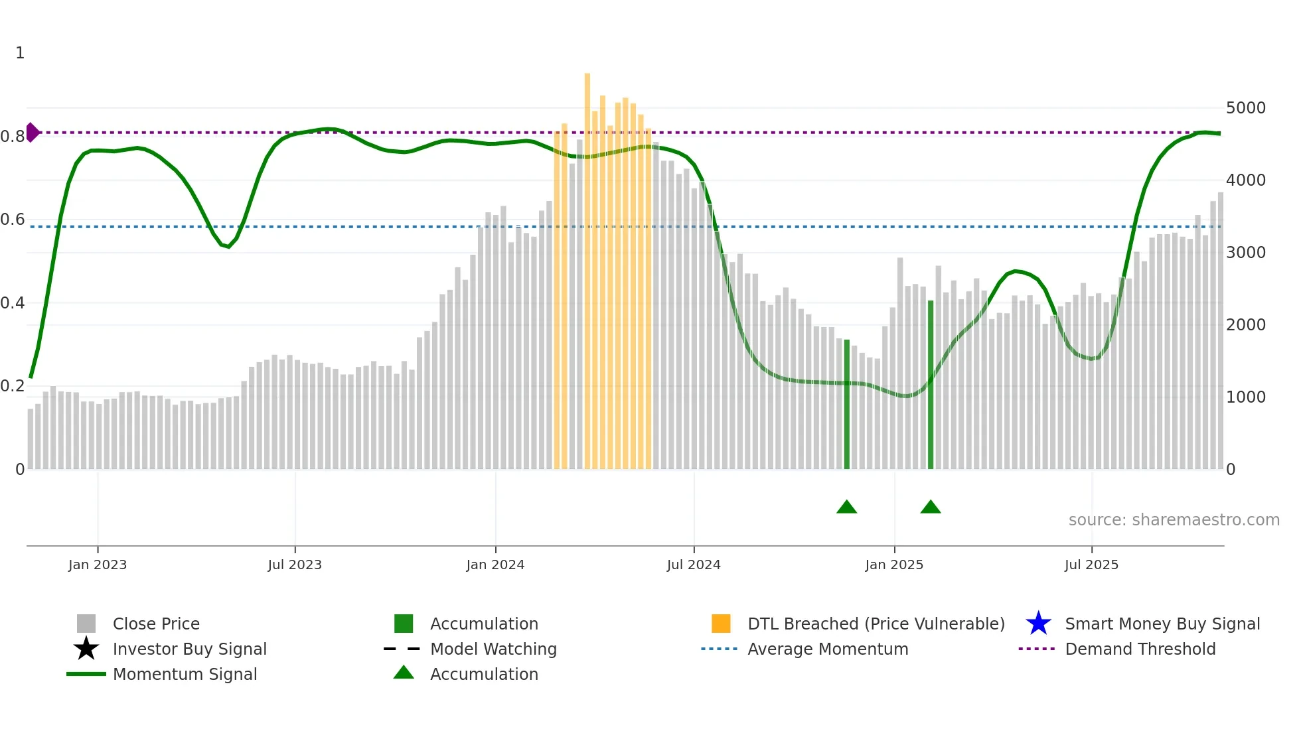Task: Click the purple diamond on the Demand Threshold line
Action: pos(32,133)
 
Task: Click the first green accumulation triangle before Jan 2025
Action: pos(846,507)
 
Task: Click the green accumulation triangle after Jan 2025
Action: pos(931,507)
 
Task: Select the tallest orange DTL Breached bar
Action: pos(587,265)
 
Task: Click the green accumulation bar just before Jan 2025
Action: pos(847,405)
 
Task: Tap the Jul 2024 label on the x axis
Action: pos(694,565)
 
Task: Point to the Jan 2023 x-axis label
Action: pos(98,565)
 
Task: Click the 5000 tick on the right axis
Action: pos(1245,108)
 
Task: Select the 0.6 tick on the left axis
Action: pos(13,220)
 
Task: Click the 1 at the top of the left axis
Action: pos(20,53)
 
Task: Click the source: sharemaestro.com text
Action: pos(1174,520)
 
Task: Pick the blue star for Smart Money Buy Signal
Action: pos(1038,624)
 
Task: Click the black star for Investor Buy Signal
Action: pos(86,649)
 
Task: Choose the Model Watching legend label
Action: pos(493,649)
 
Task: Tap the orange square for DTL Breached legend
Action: pos(721,624)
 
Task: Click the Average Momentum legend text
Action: pos(828,649)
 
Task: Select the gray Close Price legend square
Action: pos(86,624)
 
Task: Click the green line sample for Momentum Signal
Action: pos(86,674)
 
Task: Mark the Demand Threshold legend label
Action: pos(1140,649)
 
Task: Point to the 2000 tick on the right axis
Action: pos(1245,325)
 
